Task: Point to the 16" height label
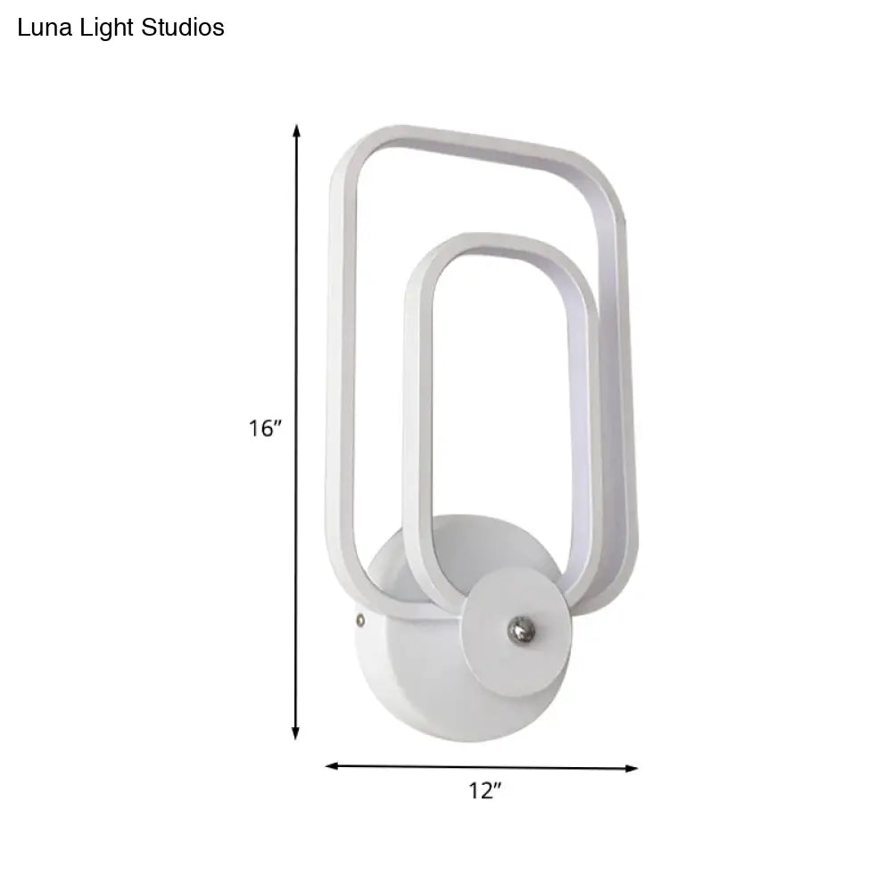click(266, 429)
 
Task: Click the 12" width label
click(484, 790)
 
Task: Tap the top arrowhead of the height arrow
click(297, 130)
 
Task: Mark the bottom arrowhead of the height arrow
click(297, 733)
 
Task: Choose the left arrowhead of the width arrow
click(332, 765)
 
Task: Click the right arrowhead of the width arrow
click(632, 767)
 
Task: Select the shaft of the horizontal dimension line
click(401, 766)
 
